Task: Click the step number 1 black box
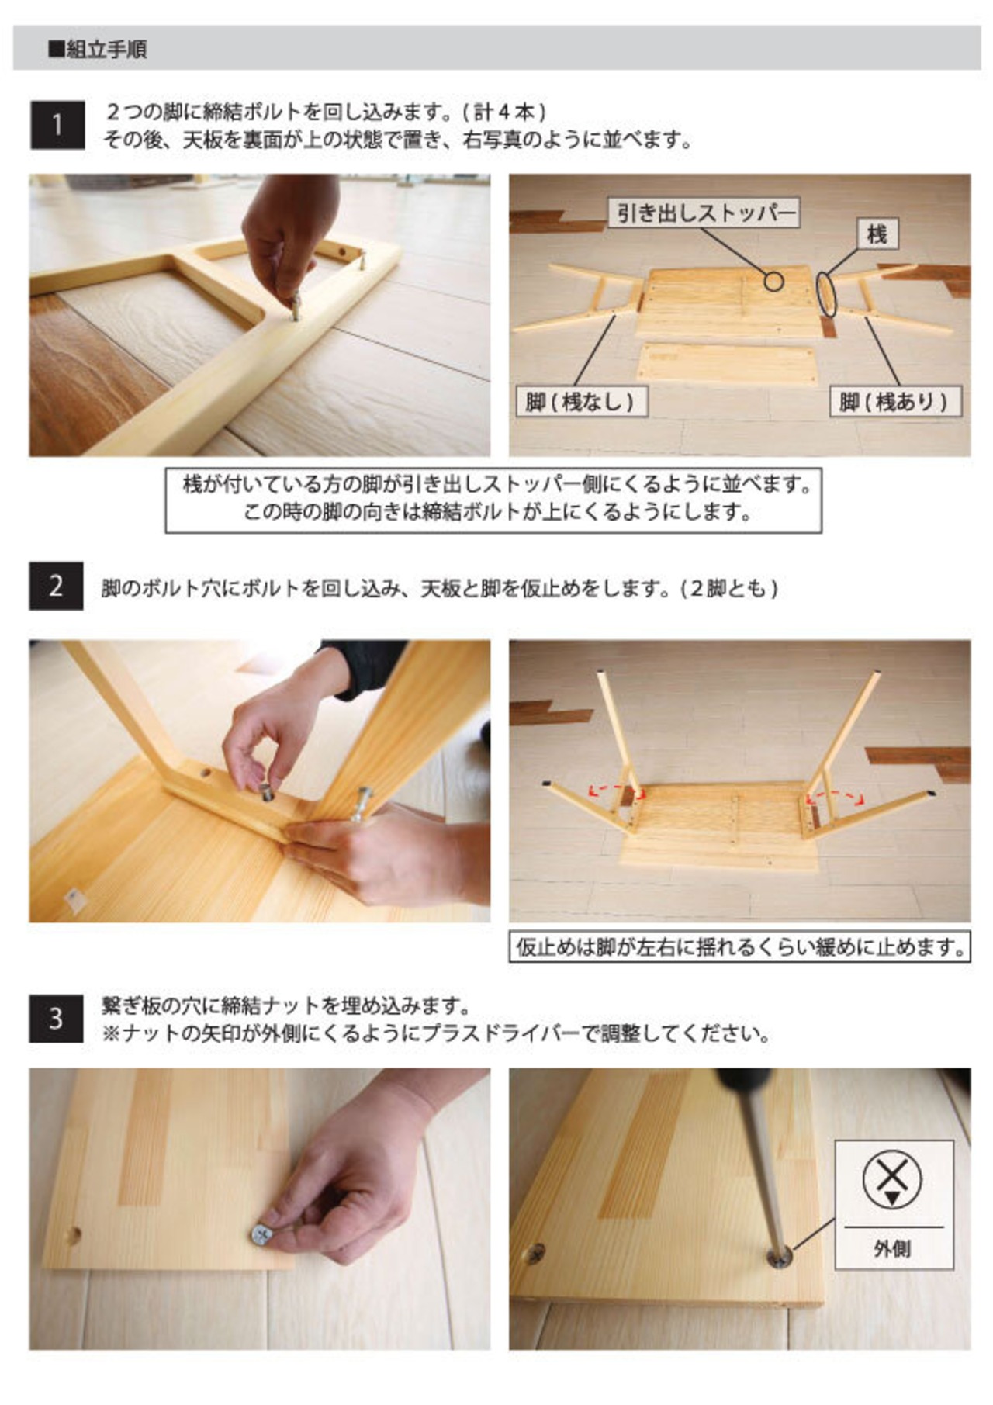pyautogui.click(x=57, y=124)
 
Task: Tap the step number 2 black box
pyautogui.click(x=56, y=586)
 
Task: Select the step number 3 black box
pyautogui.click(x=56, y=1018)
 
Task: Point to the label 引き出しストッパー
pyautogui.click(x=704, y=213)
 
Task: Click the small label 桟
pyautogui.click(x=877, y=234)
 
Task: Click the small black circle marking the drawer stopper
pyautogui.click(x=773, y=281)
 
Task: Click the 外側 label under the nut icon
pyautogui.click(x=893, y=1248)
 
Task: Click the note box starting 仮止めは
pyautogui.click(x=739, y=946)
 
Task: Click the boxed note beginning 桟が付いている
pyautogui.click(x=493, y=499)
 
